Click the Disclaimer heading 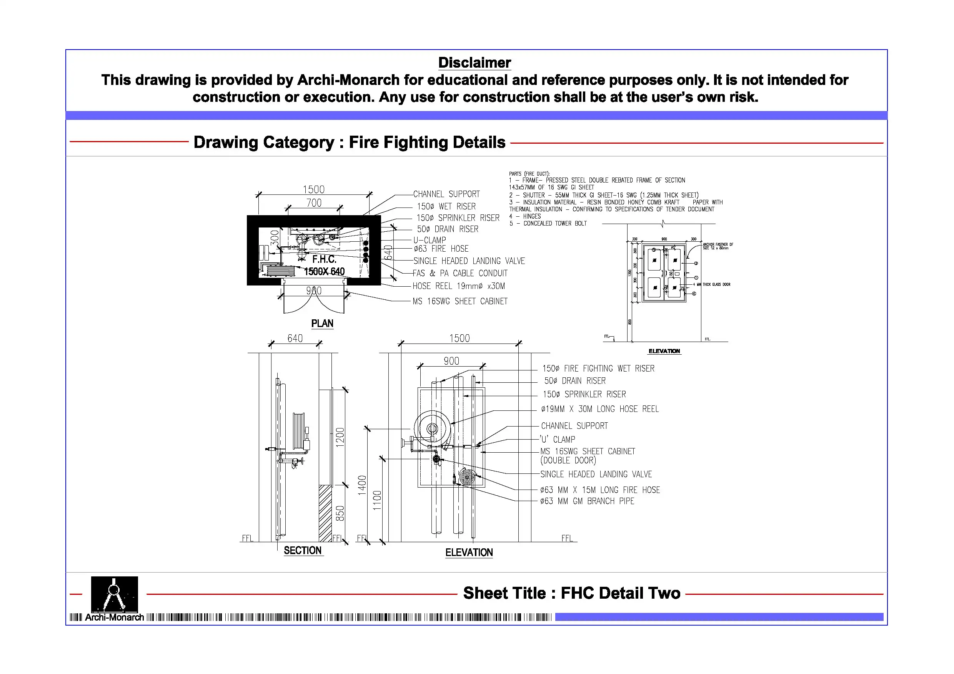474,63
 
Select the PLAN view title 322,324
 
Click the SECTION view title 303,551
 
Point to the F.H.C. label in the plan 324,259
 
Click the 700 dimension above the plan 314,203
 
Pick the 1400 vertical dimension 362,485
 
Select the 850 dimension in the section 340,513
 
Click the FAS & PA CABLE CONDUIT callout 460,273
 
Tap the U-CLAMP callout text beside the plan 429,240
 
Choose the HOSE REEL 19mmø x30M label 458,286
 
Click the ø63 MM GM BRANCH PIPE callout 587,501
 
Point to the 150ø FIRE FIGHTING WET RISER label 598,369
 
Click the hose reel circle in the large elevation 432,428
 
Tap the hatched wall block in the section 325,513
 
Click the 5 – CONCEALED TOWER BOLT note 548,223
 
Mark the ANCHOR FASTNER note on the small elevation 718,246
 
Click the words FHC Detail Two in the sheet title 620,593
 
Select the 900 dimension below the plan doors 314,291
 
